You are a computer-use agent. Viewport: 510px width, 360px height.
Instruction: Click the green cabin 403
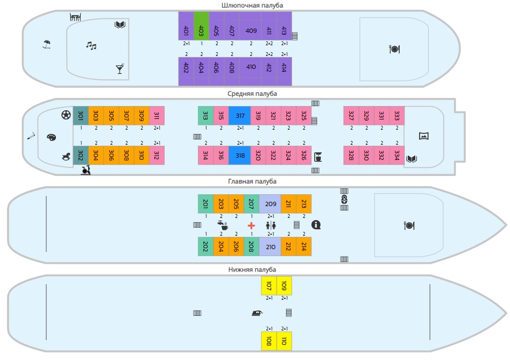(201, 26)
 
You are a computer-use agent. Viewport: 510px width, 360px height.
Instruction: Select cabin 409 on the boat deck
(251, 31)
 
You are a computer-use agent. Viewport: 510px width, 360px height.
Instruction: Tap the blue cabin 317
(240, 116)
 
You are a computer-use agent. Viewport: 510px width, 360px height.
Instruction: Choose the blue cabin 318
(240, 156)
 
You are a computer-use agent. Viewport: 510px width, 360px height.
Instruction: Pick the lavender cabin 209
(270, 204)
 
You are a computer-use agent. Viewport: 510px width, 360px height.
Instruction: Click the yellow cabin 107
(268, 286)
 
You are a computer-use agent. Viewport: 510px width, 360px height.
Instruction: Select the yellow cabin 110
(284, 341)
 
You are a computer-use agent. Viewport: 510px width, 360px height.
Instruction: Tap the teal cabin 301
(81, 116)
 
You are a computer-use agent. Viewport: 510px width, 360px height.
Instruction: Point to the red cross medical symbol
(251, 225)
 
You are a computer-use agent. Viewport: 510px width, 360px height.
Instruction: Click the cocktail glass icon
(119, 68)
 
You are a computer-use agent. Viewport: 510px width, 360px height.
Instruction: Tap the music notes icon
(91, 46)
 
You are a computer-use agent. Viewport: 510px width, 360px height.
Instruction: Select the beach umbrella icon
(47, 44)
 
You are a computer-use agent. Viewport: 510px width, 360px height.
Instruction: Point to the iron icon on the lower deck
(257, 313)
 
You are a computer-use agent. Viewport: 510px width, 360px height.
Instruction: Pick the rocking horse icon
(66, 156)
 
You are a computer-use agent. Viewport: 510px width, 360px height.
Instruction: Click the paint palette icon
(52, 137)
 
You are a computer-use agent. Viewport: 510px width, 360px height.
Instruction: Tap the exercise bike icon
(86, 171)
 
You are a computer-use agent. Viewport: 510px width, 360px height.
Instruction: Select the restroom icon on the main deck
(271, 225)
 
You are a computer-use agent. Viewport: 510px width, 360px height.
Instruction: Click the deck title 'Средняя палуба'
(252, 94)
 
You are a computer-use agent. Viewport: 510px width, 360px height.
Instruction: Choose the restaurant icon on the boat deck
(394, 49)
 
